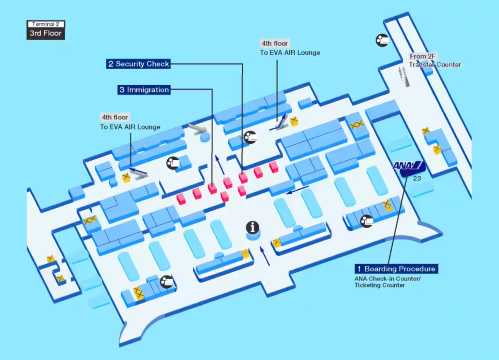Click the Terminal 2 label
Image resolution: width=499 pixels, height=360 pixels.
[46, 23]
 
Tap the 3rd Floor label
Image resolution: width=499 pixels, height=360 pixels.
[46, 33]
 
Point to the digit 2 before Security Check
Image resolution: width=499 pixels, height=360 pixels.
[111, 65]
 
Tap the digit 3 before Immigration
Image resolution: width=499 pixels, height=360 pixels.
[122, 90]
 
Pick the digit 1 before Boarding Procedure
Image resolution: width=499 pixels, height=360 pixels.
[359, 269]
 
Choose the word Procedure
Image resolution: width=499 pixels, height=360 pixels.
[417, 269]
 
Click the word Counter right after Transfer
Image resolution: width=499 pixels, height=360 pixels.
[447, 65]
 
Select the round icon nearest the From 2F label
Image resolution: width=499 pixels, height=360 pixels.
[381, 40]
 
